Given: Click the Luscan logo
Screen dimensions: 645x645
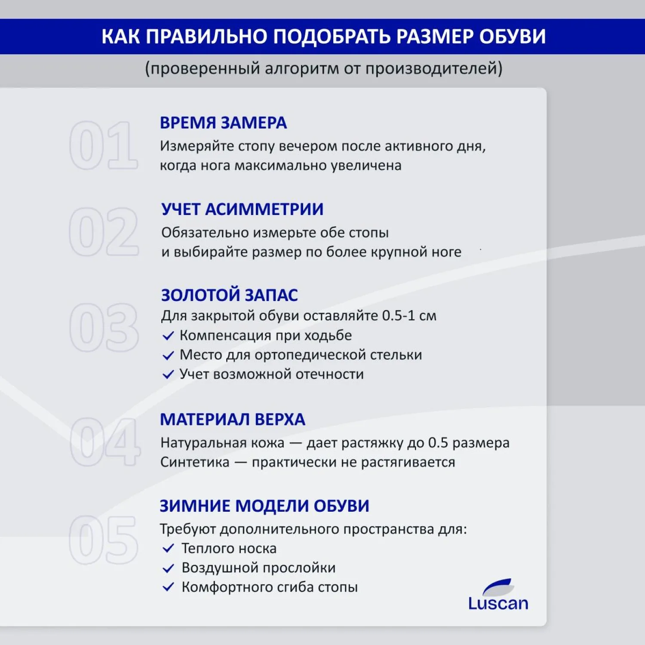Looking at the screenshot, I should [498, 596].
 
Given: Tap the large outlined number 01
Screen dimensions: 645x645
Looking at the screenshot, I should [104, 145].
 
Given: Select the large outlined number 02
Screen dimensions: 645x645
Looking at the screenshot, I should [104, 232].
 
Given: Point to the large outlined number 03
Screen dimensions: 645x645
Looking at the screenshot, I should [104, 327].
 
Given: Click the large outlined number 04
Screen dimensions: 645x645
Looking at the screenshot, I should [104, 442].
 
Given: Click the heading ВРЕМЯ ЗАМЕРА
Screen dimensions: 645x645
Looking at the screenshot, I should [223, 123].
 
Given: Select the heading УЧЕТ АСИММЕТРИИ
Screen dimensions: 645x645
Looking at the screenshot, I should [243, 209].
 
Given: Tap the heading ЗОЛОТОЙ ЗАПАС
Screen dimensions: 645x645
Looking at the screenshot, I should [230, 295].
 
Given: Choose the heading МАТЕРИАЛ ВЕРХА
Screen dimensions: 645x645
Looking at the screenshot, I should [233, 420].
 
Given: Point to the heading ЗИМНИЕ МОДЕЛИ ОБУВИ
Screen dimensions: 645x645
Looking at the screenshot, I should [264, 506].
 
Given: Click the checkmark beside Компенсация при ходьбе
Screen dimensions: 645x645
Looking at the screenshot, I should [168, 336].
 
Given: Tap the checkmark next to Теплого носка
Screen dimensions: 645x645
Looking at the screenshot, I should [168, 549].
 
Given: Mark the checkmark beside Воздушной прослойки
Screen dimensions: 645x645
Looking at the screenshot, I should [168, 568].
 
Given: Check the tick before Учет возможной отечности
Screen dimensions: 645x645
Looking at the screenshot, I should [168, 375].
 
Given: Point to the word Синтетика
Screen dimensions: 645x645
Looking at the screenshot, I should [195, 462].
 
